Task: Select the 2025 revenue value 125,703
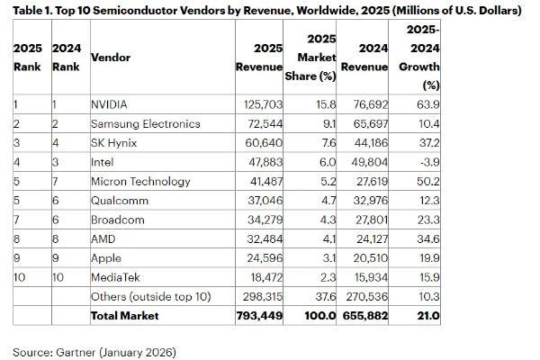[258, 104]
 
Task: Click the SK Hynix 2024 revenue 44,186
[368, 142]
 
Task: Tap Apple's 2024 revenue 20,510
[368, 258]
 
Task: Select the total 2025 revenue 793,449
[257, 315]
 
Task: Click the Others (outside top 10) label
[157, 296]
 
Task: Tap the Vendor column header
[112, 57]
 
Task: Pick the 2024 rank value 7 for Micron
[57, 180]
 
